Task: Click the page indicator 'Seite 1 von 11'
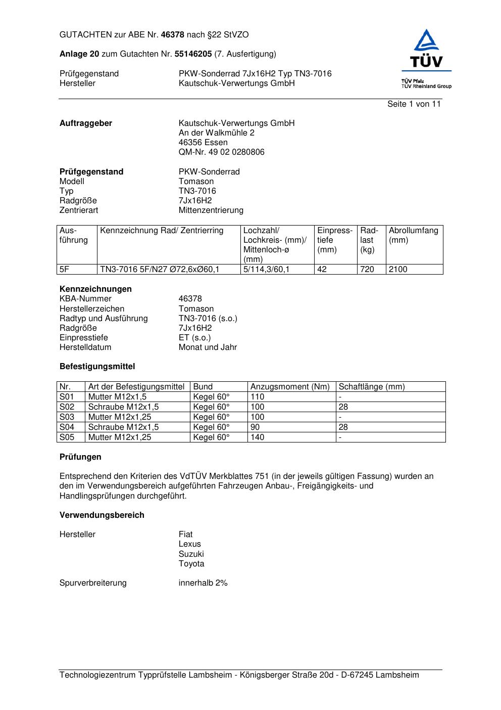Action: click(414, 104)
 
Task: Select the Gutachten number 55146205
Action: click(193, 54)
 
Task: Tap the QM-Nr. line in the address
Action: click(221, 152)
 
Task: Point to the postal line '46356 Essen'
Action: click(203, 143)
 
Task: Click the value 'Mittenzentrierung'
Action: click(211, 210)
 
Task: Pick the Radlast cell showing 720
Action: click(367, 270)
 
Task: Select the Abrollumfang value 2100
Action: click(398, 270)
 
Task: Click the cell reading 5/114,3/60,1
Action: click(266, 270)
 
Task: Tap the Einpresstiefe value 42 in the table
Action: click(322, 270)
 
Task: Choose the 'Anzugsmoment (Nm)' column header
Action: click(290, 387)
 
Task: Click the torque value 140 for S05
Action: click(258, 437)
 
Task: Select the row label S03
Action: click(67, 417)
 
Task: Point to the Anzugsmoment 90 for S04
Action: click(255, 427)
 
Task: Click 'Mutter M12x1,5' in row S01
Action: click(117, 397)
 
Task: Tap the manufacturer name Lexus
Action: click(189, 544)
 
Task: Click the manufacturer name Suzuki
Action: click(191, 554)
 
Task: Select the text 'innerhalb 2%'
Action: click(203, 583)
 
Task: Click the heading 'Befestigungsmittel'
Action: click(97, 367)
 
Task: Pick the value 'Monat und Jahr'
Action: click(208, 347)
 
